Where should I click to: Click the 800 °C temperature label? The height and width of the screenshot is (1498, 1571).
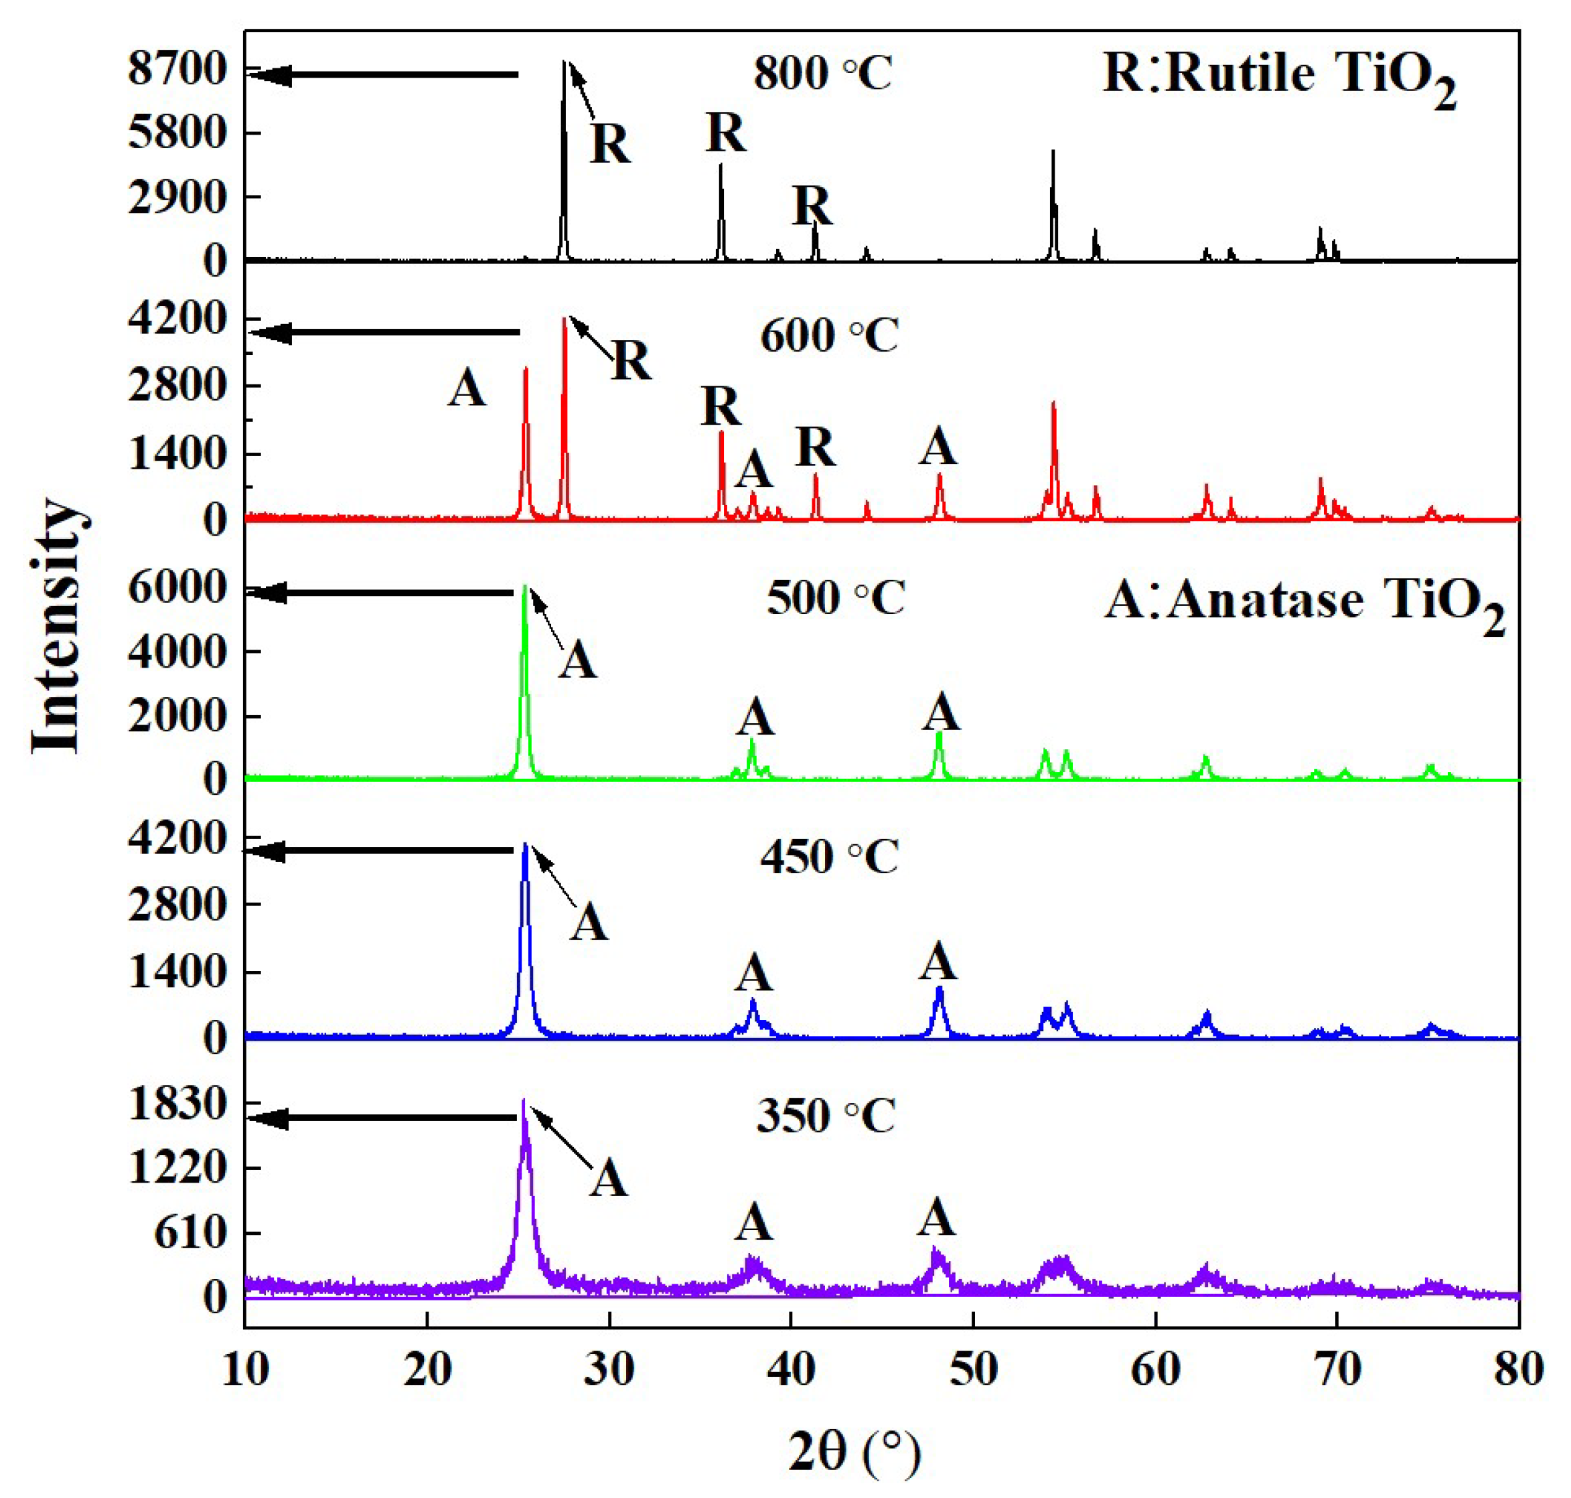822,74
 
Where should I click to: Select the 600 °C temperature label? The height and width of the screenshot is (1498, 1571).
829,335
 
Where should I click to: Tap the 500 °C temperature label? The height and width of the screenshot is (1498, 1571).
836,597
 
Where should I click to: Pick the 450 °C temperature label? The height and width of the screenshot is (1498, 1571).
829,856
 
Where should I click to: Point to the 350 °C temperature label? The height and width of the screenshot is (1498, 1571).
826,1115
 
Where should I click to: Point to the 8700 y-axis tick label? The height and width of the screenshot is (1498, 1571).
178,70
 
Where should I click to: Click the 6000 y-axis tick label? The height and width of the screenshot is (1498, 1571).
178,589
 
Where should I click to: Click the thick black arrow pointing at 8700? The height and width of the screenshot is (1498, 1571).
383,75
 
